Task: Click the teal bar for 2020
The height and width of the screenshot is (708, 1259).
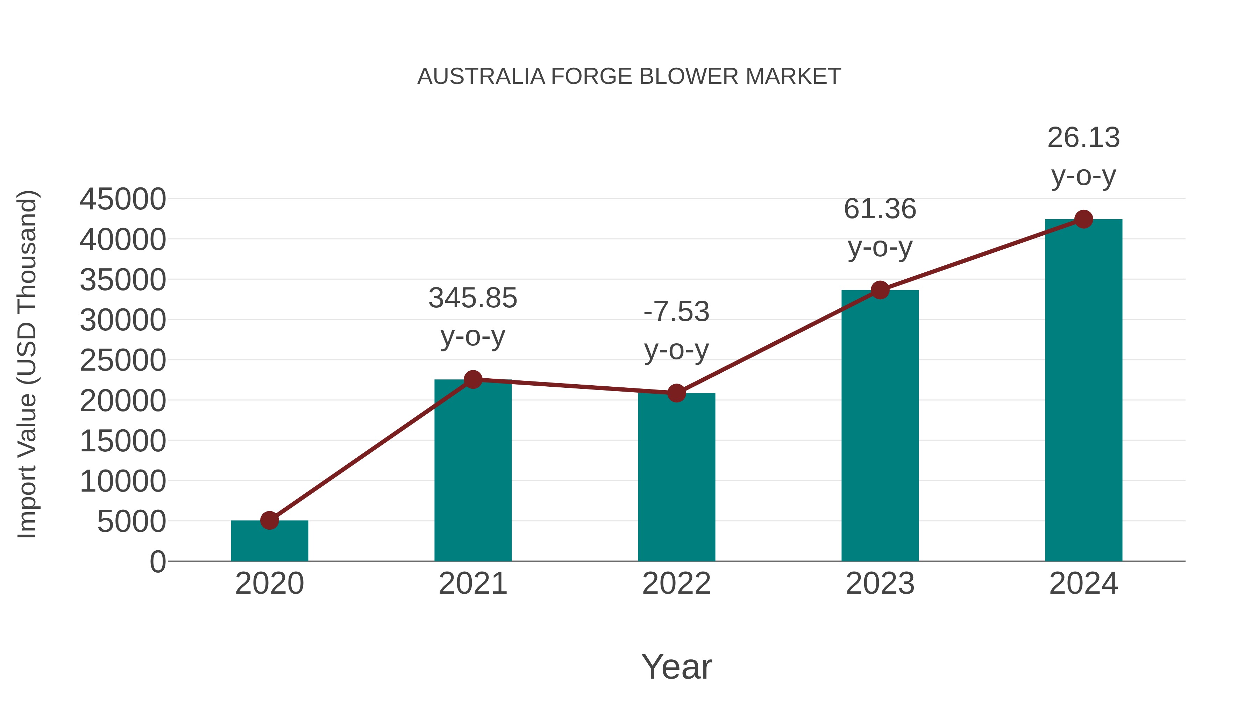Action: tap(269, 542)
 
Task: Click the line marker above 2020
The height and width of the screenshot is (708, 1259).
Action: tap(269, 520)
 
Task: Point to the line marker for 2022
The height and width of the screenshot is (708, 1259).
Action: tap(676, 393)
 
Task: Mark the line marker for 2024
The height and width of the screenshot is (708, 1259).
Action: tap(1083, 219)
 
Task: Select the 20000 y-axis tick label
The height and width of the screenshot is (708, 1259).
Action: tap(123, 401)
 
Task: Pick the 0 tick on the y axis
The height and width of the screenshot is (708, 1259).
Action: tap(158, 562)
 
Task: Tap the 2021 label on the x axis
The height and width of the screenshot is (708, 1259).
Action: tap(472, 584)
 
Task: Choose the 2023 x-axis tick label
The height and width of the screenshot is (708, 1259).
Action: tap(880, 584)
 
